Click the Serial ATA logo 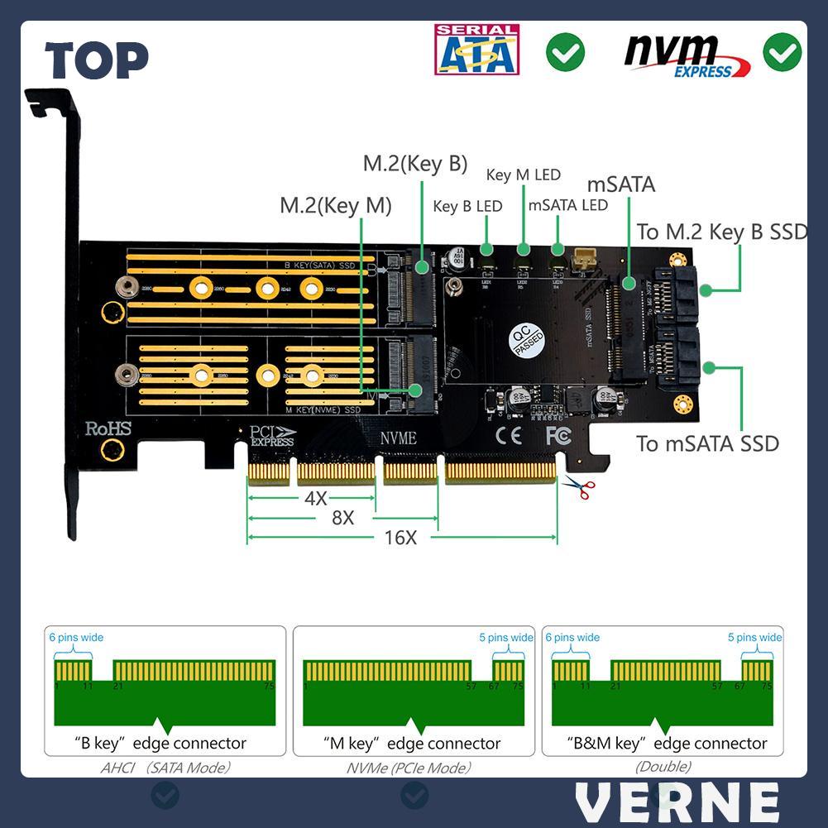[476, 50]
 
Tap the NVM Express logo [687, 55]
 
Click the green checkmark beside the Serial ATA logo [565, 53]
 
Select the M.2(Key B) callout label [415, 163]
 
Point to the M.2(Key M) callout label [335, 204]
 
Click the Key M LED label [523, 175]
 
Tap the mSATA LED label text [567, 204]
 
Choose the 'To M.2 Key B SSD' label [721, 232]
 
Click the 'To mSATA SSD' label [707, 443]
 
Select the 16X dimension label [400, 538]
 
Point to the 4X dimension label [315, 498]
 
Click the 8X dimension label [342, 518]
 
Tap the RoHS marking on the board [108, 428]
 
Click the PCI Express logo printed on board [273, 436]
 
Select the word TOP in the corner [97, 60]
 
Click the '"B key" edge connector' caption [160, 743]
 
